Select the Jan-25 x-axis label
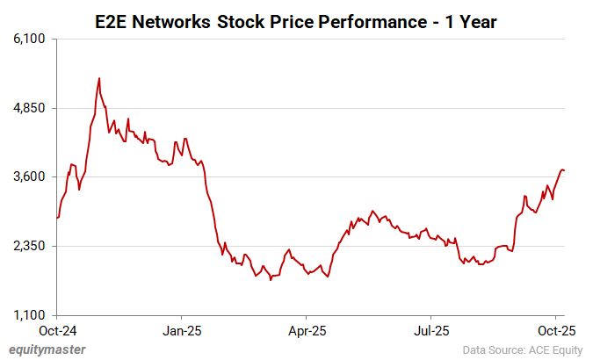pyautogui.click(x=181, y=331)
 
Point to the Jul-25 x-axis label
pyautogui.click(x=431, y=331)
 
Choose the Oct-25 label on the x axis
pyautogui.click(x=555, y=331)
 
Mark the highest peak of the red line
pyautogui.click(x=98, y=78)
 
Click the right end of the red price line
pyautogui.click(x=564, y=170)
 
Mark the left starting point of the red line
pyautogui.click(x=57, y=217)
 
